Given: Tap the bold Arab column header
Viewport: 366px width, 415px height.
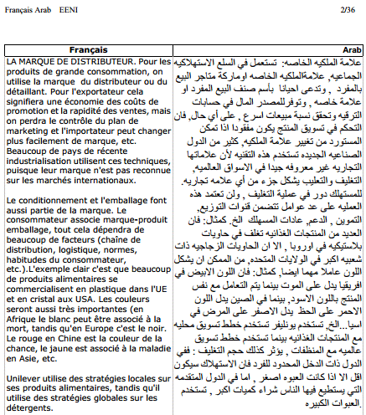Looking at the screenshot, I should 352,52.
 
